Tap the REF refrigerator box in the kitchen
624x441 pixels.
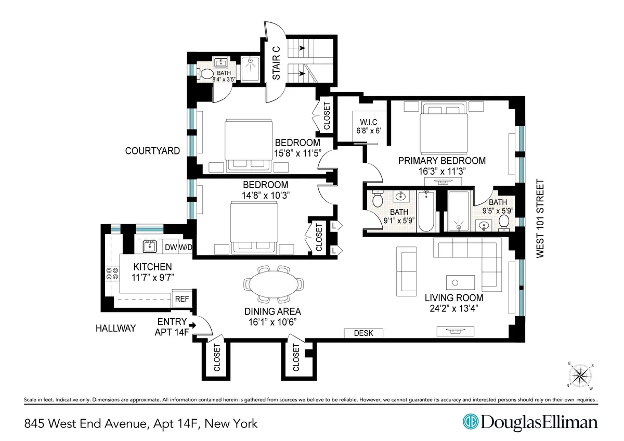(181, 299)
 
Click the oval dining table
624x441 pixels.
(274, 285)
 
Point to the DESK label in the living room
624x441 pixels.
(363, 333)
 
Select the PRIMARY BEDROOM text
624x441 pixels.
(441, 161)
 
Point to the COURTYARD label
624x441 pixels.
(152, 151)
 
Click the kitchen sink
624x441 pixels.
(150, 245)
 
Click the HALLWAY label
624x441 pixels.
(115, 328)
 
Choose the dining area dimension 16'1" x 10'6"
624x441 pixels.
(274, 321)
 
